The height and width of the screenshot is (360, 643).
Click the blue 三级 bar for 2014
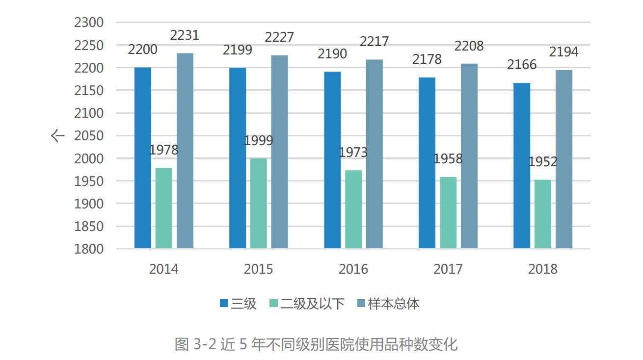point(143,158)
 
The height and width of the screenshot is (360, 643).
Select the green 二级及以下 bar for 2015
point(259,203)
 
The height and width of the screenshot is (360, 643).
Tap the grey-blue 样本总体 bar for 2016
point(375,154)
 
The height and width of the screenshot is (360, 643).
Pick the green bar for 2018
point(543,214)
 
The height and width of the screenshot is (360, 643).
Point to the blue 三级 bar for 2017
point(427,163)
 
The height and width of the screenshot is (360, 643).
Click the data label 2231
point(185,36)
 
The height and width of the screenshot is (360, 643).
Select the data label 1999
point(259,141)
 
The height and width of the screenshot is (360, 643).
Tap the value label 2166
point(522,65)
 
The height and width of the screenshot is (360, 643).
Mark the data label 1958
point(448,159)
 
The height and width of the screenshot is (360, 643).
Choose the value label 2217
point(374,42)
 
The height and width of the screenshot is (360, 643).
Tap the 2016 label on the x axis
point(353,269)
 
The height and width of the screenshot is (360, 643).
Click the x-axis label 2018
point(543,269)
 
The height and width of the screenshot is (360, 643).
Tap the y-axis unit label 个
point(57,136)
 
